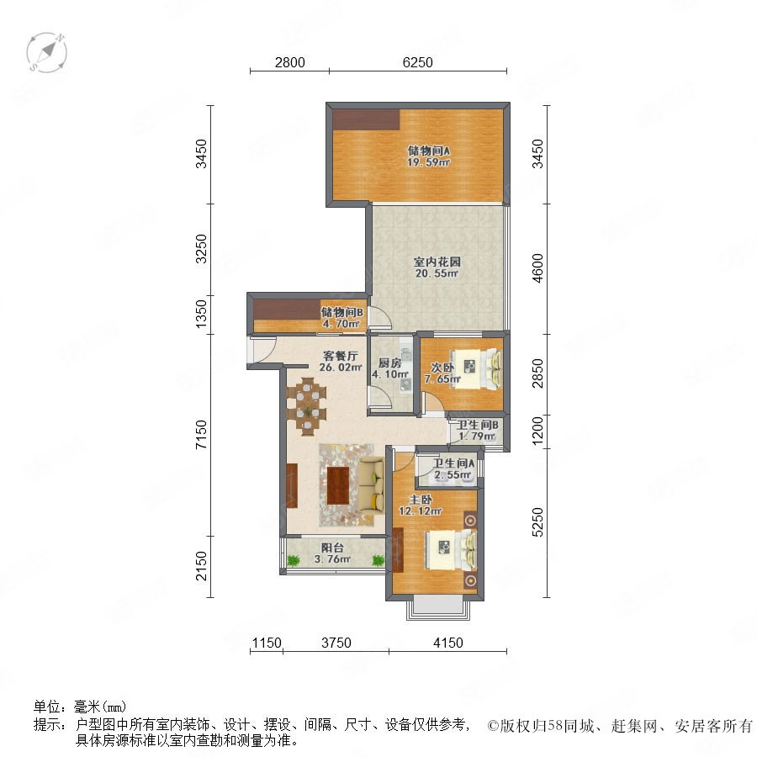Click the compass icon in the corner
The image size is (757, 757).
(47, 53)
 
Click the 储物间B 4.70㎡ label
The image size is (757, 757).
(341, 318)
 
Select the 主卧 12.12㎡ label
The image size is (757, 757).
(421, 505)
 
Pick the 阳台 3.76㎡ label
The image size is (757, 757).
(332, 553)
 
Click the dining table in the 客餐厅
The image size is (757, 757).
(306, 406)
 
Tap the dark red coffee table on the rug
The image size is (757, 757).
(338, 485)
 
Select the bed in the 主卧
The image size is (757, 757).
(450, 550)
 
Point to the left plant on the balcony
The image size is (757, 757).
(293, 560)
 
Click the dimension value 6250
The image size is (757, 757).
(417, 62)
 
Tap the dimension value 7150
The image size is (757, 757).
(201, 435)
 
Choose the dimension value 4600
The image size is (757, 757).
(537, 268)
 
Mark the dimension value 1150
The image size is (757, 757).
(267, 643)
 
